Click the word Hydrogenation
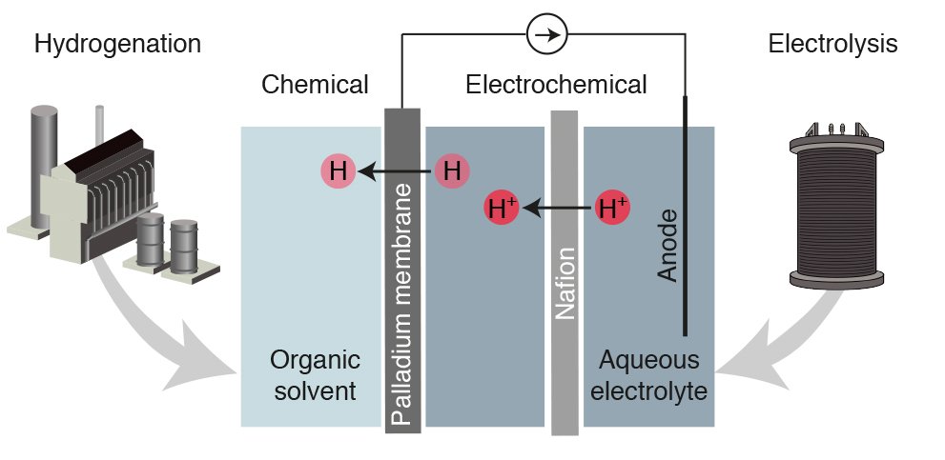click(117, 44)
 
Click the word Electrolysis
click(832, 44)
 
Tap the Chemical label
click(315, 85)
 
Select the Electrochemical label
click(556, 85)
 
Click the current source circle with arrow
click(546, 35)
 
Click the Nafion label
click(565, 283)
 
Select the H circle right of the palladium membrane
click(453, 172)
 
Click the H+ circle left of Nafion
click(502, 207)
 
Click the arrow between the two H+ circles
click(557, 207)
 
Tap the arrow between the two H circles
click(396, 172)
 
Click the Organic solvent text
click(314, 375)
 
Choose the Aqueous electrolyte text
click(649, 375)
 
